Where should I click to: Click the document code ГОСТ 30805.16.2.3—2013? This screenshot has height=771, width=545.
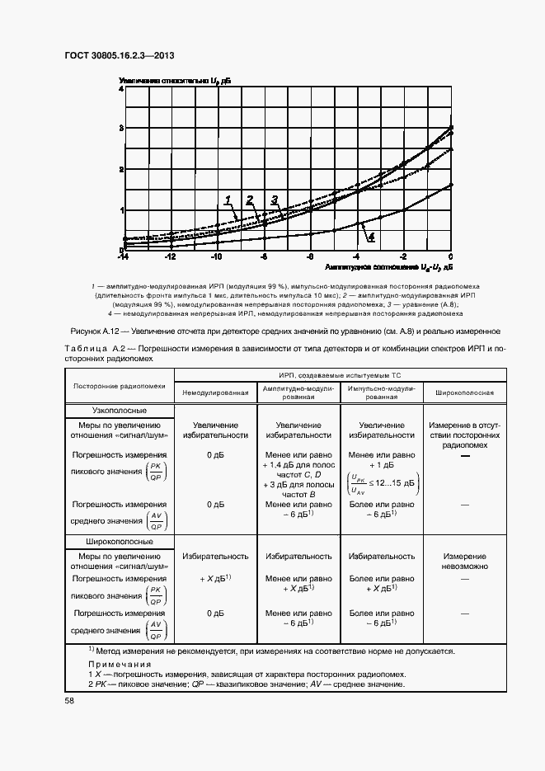(119, 57)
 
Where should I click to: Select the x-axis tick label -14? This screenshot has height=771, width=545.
(122, 257)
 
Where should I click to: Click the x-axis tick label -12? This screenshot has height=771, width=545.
(170, 257)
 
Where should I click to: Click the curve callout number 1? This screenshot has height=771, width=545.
(227, 200)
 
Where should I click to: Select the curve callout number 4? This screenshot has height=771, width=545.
(371, 237)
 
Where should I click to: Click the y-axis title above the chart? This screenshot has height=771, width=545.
(175, 80)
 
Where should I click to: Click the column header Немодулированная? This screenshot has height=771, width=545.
(215, 393)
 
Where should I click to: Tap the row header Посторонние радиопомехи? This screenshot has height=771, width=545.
(120, 385)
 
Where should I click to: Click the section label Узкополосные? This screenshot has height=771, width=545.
(120, 410)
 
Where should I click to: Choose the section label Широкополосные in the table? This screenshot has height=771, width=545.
(120, 542)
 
